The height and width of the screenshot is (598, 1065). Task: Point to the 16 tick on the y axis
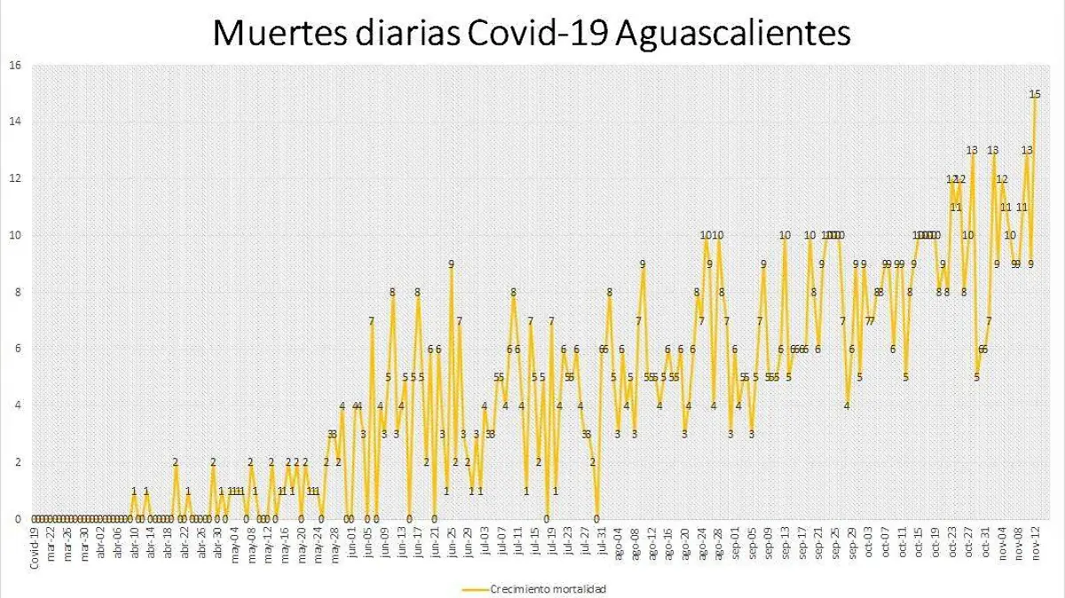point(15,64)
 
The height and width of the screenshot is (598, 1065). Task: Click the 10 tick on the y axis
point(15,235)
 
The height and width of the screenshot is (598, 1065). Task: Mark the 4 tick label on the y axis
point(18,405)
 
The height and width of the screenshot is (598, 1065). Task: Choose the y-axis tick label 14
point(15,121)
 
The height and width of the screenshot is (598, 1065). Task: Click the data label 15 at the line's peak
point(1035,93)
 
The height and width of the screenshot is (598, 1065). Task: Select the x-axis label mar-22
point(51,539)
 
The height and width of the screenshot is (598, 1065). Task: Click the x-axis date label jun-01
point(352,539)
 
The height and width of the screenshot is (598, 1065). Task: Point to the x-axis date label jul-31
point(603,539)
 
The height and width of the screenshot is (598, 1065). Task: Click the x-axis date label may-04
point(235,539)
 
